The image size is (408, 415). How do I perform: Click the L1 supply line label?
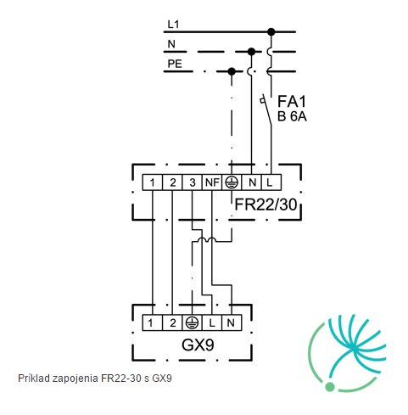[173, 25]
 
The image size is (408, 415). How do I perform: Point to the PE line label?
[175, 64]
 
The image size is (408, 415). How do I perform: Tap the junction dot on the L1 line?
[271, 31]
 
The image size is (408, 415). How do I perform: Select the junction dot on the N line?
[251, 52]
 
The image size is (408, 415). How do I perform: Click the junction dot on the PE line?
[232, 71]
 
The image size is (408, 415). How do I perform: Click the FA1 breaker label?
[292, 101]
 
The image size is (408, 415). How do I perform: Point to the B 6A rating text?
[292, 116]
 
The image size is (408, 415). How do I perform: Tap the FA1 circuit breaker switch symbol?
[266, 109]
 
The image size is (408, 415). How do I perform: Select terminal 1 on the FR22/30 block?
[152, 182]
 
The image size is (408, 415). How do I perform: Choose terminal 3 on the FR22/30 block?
[193, 182]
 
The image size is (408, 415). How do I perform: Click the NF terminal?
[212, 182]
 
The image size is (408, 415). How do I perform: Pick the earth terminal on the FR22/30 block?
[232, 182]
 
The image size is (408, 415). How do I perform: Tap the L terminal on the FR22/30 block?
[271, 182]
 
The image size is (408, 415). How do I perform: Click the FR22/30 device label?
[265, 205]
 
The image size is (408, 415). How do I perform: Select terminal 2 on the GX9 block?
[172, 322]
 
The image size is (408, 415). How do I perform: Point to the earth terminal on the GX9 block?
[192, 322]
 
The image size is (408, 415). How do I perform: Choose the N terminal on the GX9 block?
[232, 322]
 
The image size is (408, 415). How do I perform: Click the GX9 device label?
[198, 345]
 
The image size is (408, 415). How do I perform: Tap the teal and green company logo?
[347, 353]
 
